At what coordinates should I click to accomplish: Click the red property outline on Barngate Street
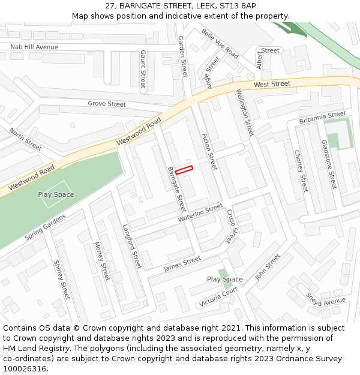(184, 170)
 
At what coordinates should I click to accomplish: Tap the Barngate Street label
(177, 188)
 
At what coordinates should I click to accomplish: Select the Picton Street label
(208, 152)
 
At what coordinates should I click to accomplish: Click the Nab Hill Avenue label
(34, 47)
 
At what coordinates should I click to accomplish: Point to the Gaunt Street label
(143, 70)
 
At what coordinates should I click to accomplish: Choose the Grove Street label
(107, 104)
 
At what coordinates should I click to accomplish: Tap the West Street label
(272, 84)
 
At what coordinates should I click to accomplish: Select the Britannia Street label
(323, 114)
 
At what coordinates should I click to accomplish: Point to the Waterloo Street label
(200, 213)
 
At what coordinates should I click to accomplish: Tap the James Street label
(182, 263)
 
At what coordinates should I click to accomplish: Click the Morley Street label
(102, 261)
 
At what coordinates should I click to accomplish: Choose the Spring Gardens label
(46, 228)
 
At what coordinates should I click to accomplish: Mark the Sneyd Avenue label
(326, 298)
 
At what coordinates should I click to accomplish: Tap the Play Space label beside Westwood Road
(56, 194)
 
